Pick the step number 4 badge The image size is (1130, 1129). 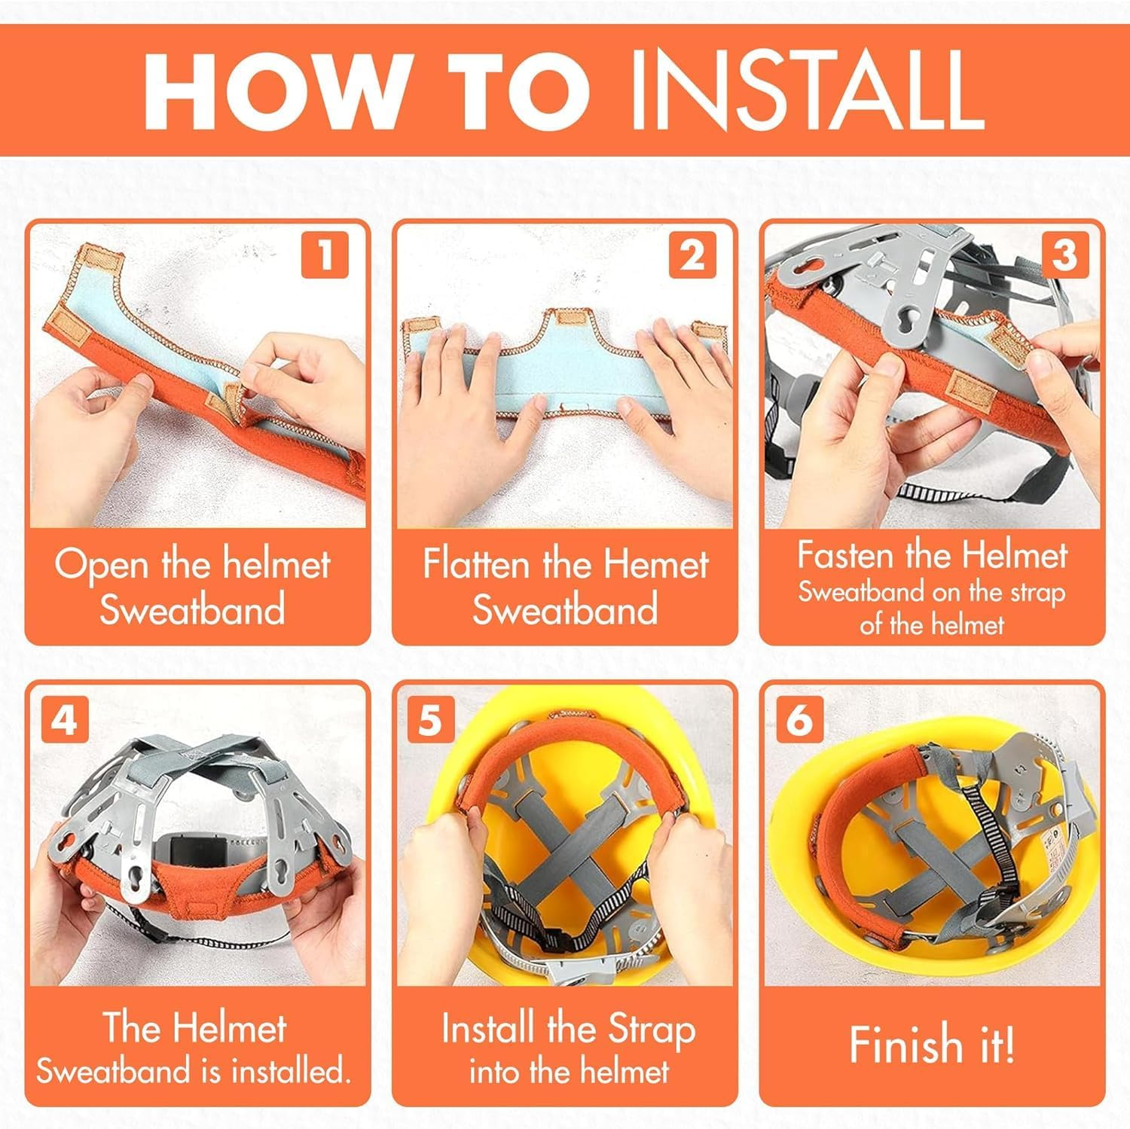(63, 721)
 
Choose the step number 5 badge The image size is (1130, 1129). (430, 721)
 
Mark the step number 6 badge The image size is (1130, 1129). (799, 721)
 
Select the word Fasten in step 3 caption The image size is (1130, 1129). (847, 556)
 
